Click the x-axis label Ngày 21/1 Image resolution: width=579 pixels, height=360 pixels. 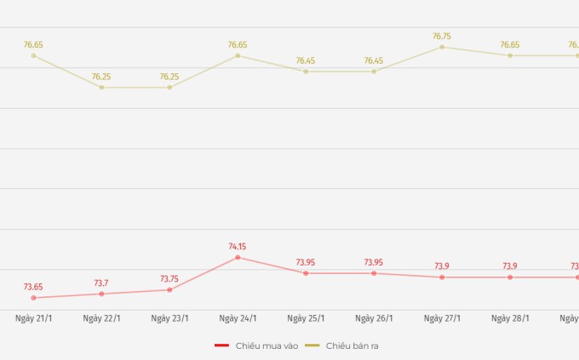pyautogui.click(x=33, y=318)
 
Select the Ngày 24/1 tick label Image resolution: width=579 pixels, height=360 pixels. pyautogui.click(x=238, y=318)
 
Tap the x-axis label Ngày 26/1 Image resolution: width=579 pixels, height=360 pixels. pyautogui.click(x=374, y=318)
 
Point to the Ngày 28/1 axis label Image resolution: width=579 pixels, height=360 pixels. pyautogui.click(x=510, y=318)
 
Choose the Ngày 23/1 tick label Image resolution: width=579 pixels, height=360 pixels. pyautogui.click(x=169, y=318)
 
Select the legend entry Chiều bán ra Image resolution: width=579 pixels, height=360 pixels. pyautogui.click(x=346, y=346)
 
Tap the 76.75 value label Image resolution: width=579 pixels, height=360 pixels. pyautogui.click(x=442, y=37)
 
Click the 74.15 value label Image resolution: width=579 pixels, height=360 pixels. pyautogui.click(x=238, y=247)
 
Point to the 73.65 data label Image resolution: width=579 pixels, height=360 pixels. pyautogui.click(x=33, y=287)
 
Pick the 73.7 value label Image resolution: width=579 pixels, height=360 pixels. pyautogui.click(x=101, y=283)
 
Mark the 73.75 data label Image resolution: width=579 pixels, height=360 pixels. pyautogui.click(x=169, y=279)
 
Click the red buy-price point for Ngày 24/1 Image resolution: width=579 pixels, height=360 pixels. pyautogui.click(x=238, y=257)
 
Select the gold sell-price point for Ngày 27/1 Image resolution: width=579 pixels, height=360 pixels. pyautogui.click(x=442, y=47)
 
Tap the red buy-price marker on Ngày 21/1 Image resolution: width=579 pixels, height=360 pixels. pyautogui.click(x=33, y=298)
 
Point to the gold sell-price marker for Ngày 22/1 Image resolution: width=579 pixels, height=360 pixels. pyautogui.click(x=101, y=88)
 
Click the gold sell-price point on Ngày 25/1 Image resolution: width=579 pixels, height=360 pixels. pyautogui.click(x=306, y=71)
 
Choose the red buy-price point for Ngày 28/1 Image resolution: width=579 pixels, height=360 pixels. pyautogui.click(x=510, y=277)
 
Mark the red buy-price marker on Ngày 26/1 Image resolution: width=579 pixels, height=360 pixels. pyautogui.click(x=374, y=273)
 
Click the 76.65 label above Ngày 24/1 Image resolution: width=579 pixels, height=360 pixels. pyautogui.click(x=238, y=44)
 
